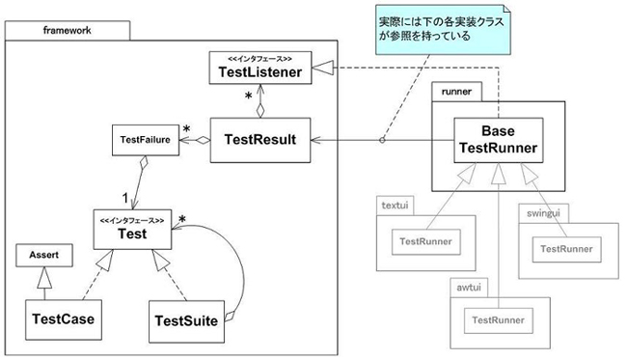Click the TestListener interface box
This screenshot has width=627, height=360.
pyautogui.click(x=262, y=67)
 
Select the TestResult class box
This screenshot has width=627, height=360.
pyautogui.click(x=252, y=140)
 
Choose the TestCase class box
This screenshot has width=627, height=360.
pyautogui.click(x=64, y=316)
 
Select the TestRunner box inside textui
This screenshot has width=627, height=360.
pyautogui.click(x=424, y=241)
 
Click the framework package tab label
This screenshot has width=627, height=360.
pyautogui.click(x=64, y=30)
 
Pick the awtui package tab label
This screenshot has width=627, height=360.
pyautogui.click(x=470, y=287)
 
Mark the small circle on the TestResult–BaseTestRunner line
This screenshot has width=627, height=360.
pyautogui.click(x=382, y=140)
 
